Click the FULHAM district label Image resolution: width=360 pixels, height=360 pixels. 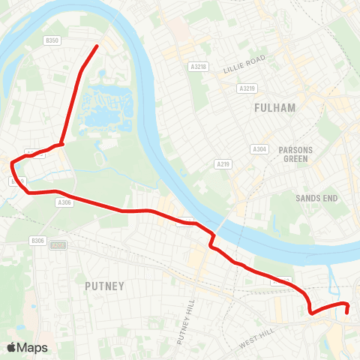[274, 108]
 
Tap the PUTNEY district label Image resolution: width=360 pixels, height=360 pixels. [104, 285]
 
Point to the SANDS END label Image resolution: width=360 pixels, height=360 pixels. [316, 198]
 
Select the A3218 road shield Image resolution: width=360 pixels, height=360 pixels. [199, 67]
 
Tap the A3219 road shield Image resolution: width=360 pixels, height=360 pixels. [247, 88]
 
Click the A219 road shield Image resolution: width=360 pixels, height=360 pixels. [223, 163]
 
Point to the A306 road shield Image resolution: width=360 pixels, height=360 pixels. [64, 202]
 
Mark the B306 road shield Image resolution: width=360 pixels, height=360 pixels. [38, 240]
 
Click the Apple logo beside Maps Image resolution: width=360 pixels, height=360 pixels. [12, 347]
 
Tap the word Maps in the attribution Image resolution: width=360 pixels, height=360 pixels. [34, 347]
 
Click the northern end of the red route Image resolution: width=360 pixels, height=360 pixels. [97, 46]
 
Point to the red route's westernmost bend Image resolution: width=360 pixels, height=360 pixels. [11, 162]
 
